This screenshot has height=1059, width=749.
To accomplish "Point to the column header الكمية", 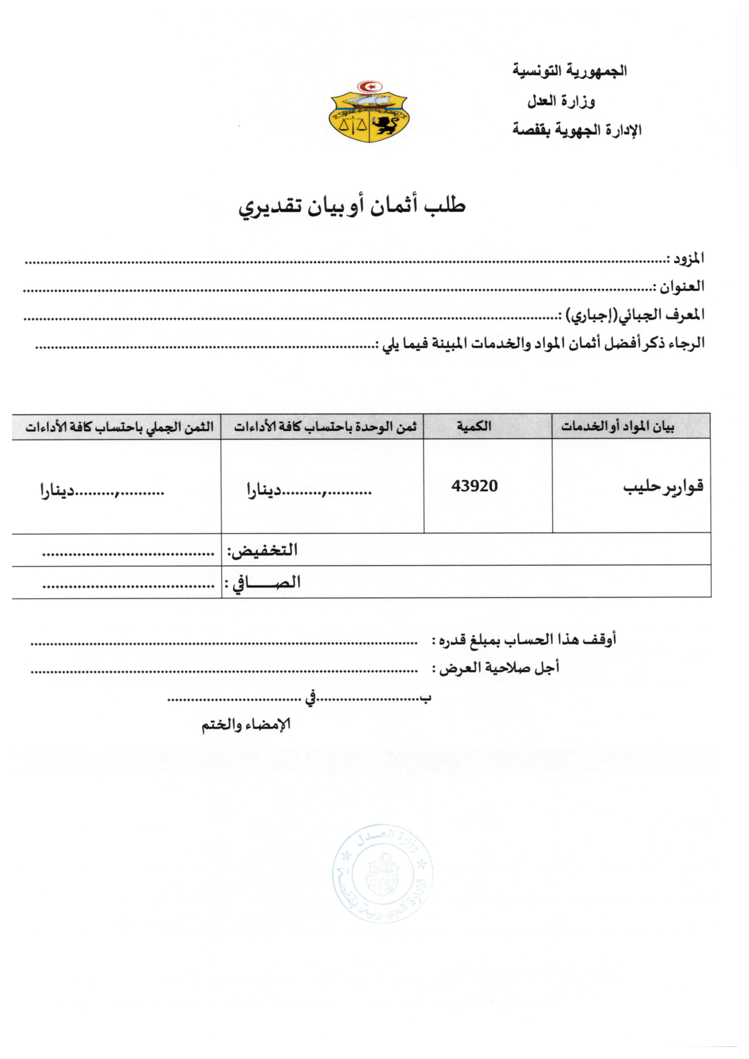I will tap(474, 426).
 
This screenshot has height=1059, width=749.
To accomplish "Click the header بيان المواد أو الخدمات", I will tap(618, 427).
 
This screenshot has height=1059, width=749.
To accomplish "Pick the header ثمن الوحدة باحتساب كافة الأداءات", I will tap(325, 427).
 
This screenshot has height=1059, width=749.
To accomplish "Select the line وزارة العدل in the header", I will tap(561, 101).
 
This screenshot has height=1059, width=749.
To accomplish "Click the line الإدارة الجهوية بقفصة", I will tap(577, 130).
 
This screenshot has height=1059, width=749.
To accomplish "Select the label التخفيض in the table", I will tap(262, 550).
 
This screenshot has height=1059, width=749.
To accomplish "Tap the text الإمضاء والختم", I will tap(246, 725).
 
